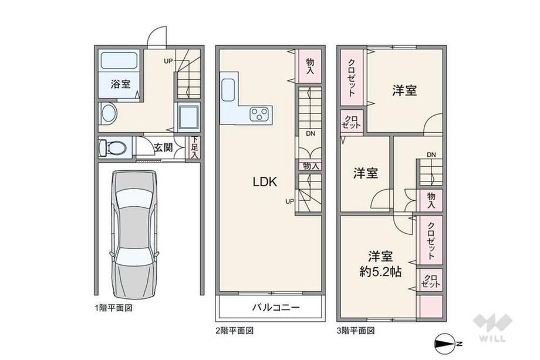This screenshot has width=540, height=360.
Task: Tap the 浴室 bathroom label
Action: tap(120, 84)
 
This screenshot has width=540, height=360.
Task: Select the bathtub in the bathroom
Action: tap(119, 61)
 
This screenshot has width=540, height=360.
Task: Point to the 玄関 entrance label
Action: tap(163, 147)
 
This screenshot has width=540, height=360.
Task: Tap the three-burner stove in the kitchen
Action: tap(259, 115)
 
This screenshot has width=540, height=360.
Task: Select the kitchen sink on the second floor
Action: tap(228, 89)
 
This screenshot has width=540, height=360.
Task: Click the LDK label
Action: tap(265, 182)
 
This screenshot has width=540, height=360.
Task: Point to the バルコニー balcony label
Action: tap(276, 307)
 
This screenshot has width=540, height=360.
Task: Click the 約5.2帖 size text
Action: tap(380, 272)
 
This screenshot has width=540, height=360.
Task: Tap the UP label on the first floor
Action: tap(168, 61)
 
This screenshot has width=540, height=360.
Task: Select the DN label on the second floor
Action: tap(310, 134)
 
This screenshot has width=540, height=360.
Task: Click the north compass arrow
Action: tap(448, 344)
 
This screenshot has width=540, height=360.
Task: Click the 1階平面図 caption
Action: tap(113, 308)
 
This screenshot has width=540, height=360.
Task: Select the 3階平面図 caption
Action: tap(356, 331)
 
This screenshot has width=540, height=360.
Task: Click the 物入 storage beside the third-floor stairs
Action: tap(431, 200)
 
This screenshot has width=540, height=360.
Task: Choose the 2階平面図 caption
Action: tap(235, 331)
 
